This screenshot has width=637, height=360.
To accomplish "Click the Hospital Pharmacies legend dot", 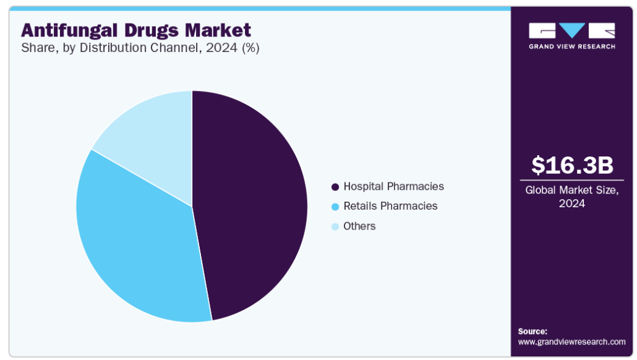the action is coord(335,187).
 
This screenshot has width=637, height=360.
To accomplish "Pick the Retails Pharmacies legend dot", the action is coord(335,207).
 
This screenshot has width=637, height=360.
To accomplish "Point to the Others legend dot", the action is coord(335,226).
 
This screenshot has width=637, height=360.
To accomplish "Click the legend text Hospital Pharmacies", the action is coord(394,187).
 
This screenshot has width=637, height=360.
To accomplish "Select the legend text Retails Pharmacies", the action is coord(390,206).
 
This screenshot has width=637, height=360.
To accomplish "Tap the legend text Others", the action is coord(359,226).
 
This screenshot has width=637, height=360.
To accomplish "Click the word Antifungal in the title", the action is coord(69,30).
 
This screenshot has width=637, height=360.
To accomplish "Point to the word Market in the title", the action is coord(218,30).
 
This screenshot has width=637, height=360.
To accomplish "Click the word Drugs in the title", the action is coord(152,31).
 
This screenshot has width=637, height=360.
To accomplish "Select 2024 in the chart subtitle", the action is coord(221,48).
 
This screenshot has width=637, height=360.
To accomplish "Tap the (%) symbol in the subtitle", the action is coord(250,48).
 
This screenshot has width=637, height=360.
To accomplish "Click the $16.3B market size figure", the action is coord(572,165).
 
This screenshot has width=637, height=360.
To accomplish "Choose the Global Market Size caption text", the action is coord(572,197).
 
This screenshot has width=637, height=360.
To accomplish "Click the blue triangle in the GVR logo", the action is coord(572,30).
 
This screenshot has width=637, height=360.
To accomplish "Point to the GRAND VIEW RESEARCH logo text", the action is coord(572,46).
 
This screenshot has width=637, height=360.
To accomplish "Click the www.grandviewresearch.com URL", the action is coord(571,341).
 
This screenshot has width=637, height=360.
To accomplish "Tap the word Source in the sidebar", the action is coord(532,331).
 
